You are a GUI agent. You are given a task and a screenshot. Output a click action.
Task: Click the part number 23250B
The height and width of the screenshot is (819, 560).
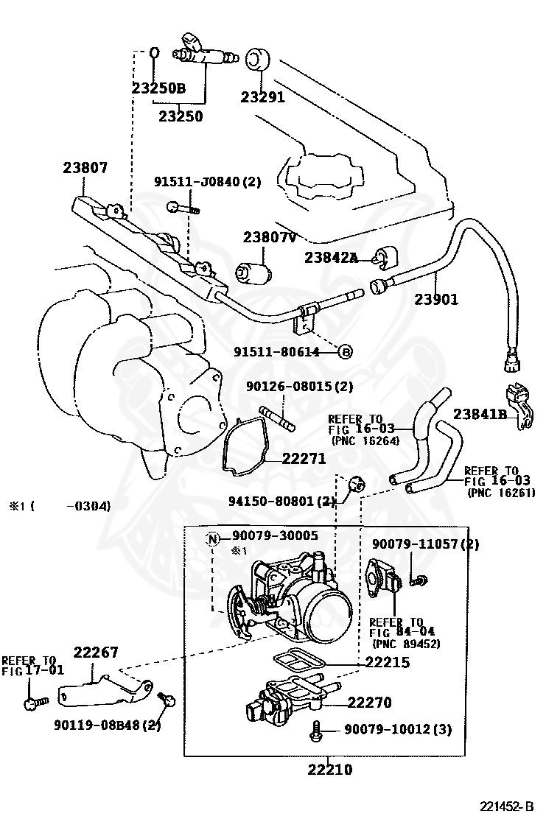(158, 88)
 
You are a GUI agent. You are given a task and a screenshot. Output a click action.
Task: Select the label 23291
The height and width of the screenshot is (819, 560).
(262, 96)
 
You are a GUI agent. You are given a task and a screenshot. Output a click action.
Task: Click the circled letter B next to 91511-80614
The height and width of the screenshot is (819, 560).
(346, 352)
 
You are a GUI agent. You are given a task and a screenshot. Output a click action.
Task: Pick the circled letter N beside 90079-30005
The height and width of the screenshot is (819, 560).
(213, 538)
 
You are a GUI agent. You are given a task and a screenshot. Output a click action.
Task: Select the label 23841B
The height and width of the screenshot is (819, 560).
(480, 414)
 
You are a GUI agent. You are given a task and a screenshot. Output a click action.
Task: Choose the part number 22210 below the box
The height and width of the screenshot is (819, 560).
(329, 770)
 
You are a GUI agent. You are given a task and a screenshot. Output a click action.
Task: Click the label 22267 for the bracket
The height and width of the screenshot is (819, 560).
(95, 653)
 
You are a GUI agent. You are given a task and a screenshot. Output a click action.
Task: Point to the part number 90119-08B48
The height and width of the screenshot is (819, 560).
(107, 725)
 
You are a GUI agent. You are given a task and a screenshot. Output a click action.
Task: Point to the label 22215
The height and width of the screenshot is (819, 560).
(388, 662)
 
